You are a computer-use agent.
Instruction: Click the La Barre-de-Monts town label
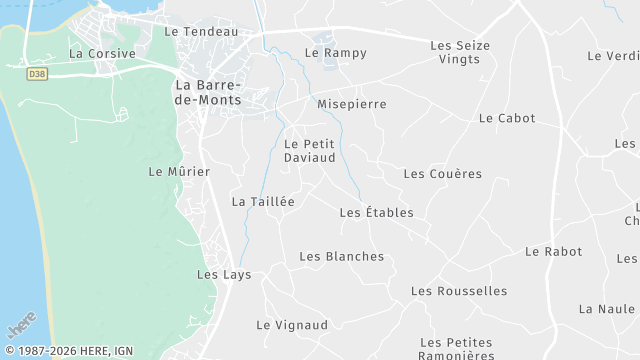[x=208, y=93]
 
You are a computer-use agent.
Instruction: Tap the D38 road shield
[x=37, y=73]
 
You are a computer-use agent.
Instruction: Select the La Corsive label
[x=102, y=53]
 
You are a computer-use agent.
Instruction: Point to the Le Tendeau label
[x=201, y=31]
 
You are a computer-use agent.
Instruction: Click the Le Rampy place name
[x=336, y=53]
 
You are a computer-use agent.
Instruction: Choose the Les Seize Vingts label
[x=459, y=52]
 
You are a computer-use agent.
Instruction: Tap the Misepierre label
[x=351, y=104]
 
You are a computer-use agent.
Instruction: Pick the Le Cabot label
[x=507, y=118]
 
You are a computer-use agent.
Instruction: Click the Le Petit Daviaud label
[x=309, y=150]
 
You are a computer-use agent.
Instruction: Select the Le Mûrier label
[x=179, y=171]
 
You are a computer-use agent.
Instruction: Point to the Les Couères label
[x=442, y=174]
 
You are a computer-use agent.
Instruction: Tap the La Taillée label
[x=263, y=201]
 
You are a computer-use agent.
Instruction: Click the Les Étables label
[x=376, y=212]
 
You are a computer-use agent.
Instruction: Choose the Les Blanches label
[x=341, y=256]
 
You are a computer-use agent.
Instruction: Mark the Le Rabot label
[x=553, y=251]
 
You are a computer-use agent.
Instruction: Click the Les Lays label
[x=224, y=274]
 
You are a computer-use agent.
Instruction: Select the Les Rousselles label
[x=459, y=291]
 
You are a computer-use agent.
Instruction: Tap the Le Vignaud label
[x=292, y=325]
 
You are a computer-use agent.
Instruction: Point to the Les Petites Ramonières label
[x=456, y=348]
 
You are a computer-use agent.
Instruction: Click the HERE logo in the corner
[x=20, y=328]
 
